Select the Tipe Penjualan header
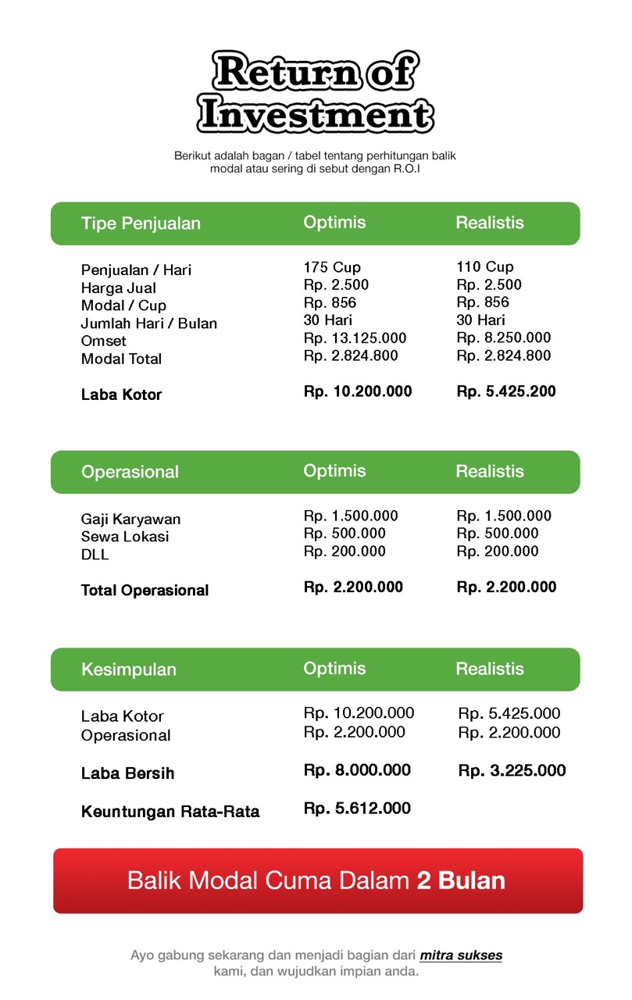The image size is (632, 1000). (141, 223)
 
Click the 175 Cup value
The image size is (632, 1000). (332, 267)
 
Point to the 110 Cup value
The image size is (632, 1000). (485, 267)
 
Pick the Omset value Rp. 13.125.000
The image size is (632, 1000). (355, 338)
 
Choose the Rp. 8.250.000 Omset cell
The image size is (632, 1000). (503, 338)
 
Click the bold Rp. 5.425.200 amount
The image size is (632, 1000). (506, 391)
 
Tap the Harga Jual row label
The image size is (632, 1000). (118, 288)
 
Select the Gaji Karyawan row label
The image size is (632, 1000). (130, 520)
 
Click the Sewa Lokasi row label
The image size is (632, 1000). (125, 537)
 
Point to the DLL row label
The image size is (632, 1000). (95, 555)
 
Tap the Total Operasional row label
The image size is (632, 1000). (145, 591)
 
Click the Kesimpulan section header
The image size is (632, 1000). (128, 670)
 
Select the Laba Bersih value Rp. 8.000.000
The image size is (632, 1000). (357, 770)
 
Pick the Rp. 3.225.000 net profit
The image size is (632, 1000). (512, 771)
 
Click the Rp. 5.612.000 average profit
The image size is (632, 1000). (357, 809)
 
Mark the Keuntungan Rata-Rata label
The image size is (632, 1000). (170, 812)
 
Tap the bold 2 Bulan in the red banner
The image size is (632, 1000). (461, 880)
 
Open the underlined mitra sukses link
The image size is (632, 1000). (461, 955)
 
